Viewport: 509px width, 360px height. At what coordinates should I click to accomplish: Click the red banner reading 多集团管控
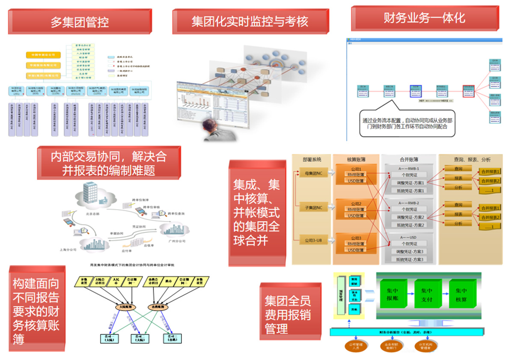pyautogui.click(x=80, y=21)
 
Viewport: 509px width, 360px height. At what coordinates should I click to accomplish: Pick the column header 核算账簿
pyautogui.click(x=356, y=159)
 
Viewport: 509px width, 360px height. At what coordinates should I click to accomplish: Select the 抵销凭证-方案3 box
pyautogui.click(x=410, y=259)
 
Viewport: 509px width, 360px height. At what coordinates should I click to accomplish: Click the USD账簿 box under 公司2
pyautogui.click(x=356, y=216)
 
